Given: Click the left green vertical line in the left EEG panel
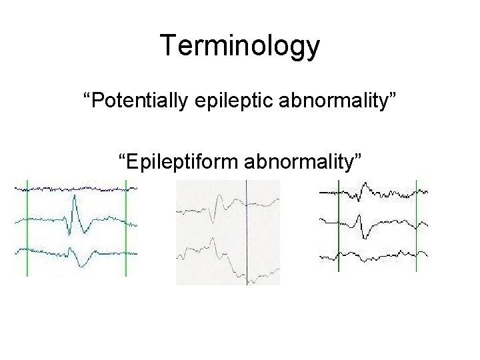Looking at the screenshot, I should pos(27,227).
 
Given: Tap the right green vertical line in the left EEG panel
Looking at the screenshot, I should pos(126,227).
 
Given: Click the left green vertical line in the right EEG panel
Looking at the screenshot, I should pos(338,227).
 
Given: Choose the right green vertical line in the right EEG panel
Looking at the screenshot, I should pos(417,227).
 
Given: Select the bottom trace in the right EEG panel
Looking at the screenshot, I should pos(373,255).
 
